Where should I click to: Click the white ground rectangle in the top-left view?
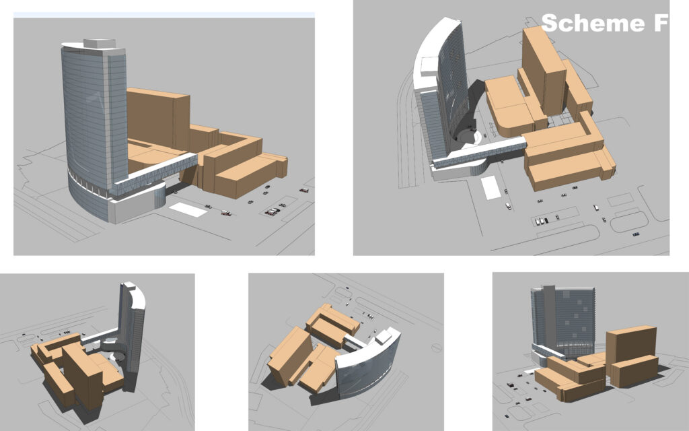pos(188,210)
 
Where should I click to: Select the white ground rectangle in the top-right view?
pos(491,188)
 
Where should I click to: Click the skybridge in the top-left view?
pos(154,174)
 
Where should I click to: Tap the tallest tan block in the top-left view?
pos(158,119)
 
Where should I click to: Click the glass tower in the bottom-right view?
pos(563,321)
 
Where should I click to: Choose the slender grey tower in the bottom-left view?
pos(132,334)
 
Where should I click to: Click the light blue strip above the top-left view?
pos(164,15)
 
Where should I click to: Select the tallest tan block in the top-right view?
pos(544,70)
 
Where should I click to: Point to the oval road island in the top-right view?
pos(629,222)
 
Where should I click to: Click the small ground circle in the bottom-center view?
pos(436,347)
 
